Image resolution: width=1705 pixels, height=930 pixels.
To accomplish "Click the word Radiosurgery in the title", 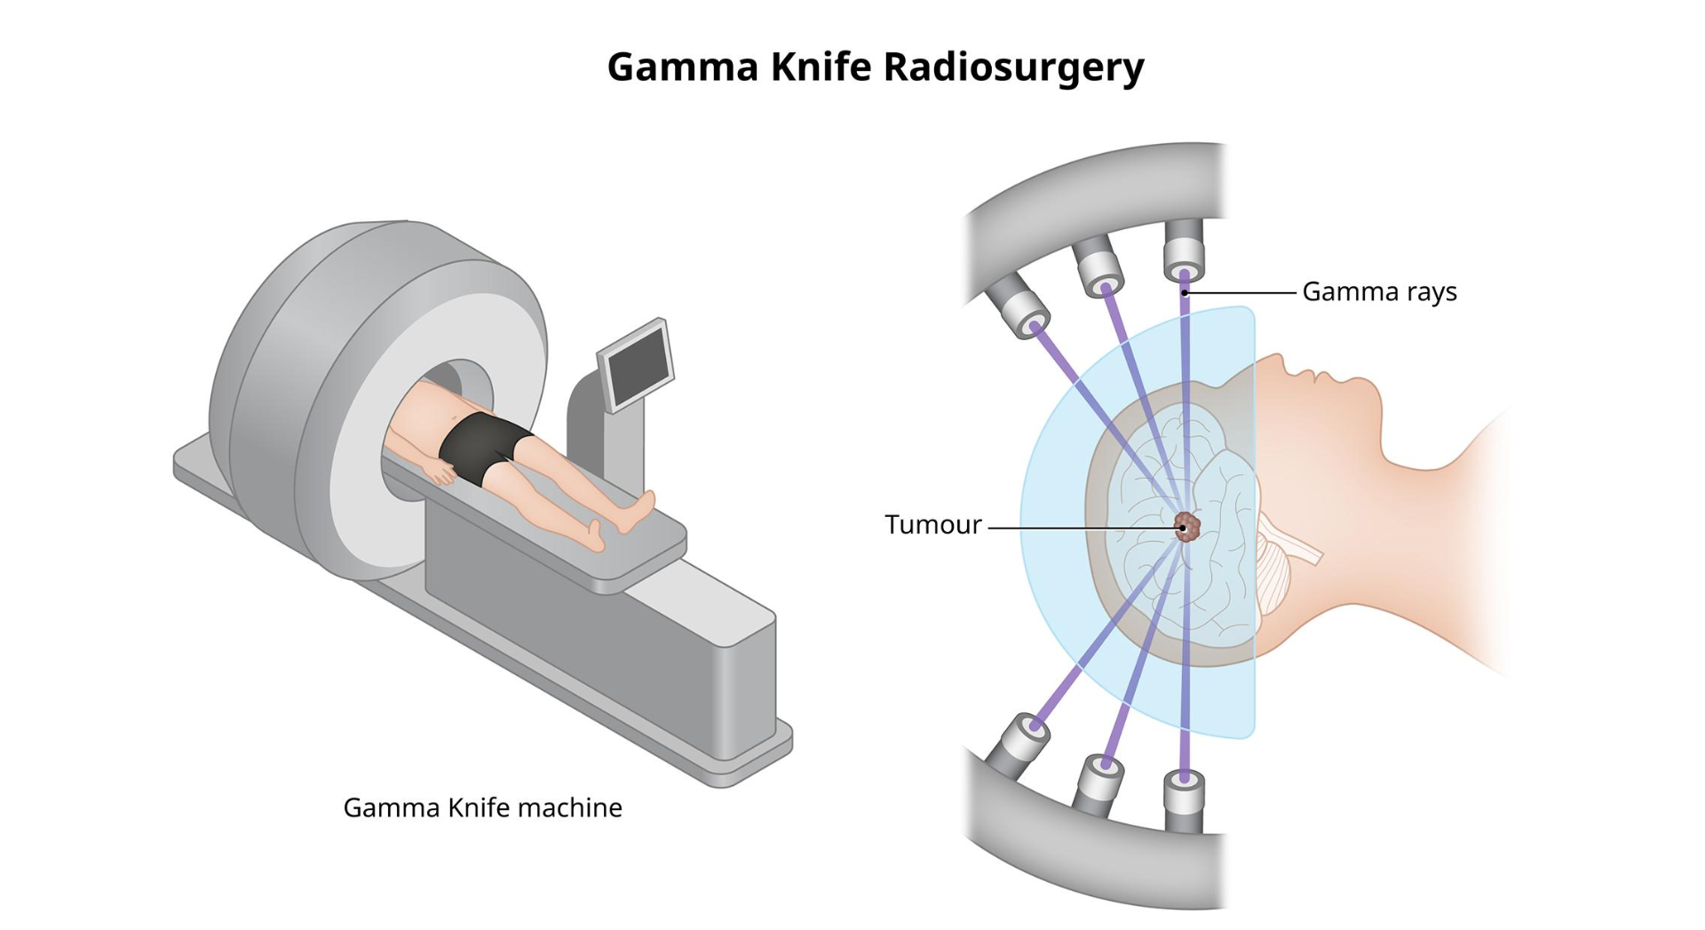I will pyautogui.click(x=1013, y=68).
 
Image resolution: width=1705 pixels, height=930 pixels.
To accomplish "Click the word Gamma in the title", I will pyautogui.click(x=682, y=68).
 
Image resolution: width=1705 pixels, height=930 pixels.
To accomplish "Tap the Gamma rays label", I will pyautogui.click(x=1379, y=292).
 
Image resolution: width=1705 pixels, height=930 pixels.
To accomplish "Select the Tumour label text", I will pyautogui.click(x=933, y=525).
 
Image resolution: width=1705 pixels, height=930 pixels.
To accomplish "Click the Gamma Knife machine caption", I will pyautogui.click(x=482, y=807).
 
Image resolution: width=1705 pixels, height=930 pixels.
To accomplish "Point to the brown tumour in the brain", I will pyautogui.click(x=1187, y=527).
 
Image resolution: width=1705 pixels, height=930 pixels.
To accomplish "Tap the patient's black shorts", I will pyautogui.click(x=480, y=447).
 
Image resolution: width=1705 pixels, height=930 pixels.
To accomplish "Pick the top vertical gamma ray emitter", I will pyautogui.click(x=1184, y=249).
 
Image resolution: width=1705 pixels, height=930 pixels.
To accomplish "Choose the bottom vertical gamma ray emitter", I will pyautogui.click(x=1184, y=799).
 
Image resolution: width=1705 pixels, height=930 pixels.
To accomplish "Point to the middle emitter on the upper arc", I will pyautogui.click(x=1098, y=265).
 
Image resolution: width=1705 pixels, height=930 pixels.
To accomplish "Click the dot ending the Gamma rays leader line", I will pyautogui.click(x=1185, y=292).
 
